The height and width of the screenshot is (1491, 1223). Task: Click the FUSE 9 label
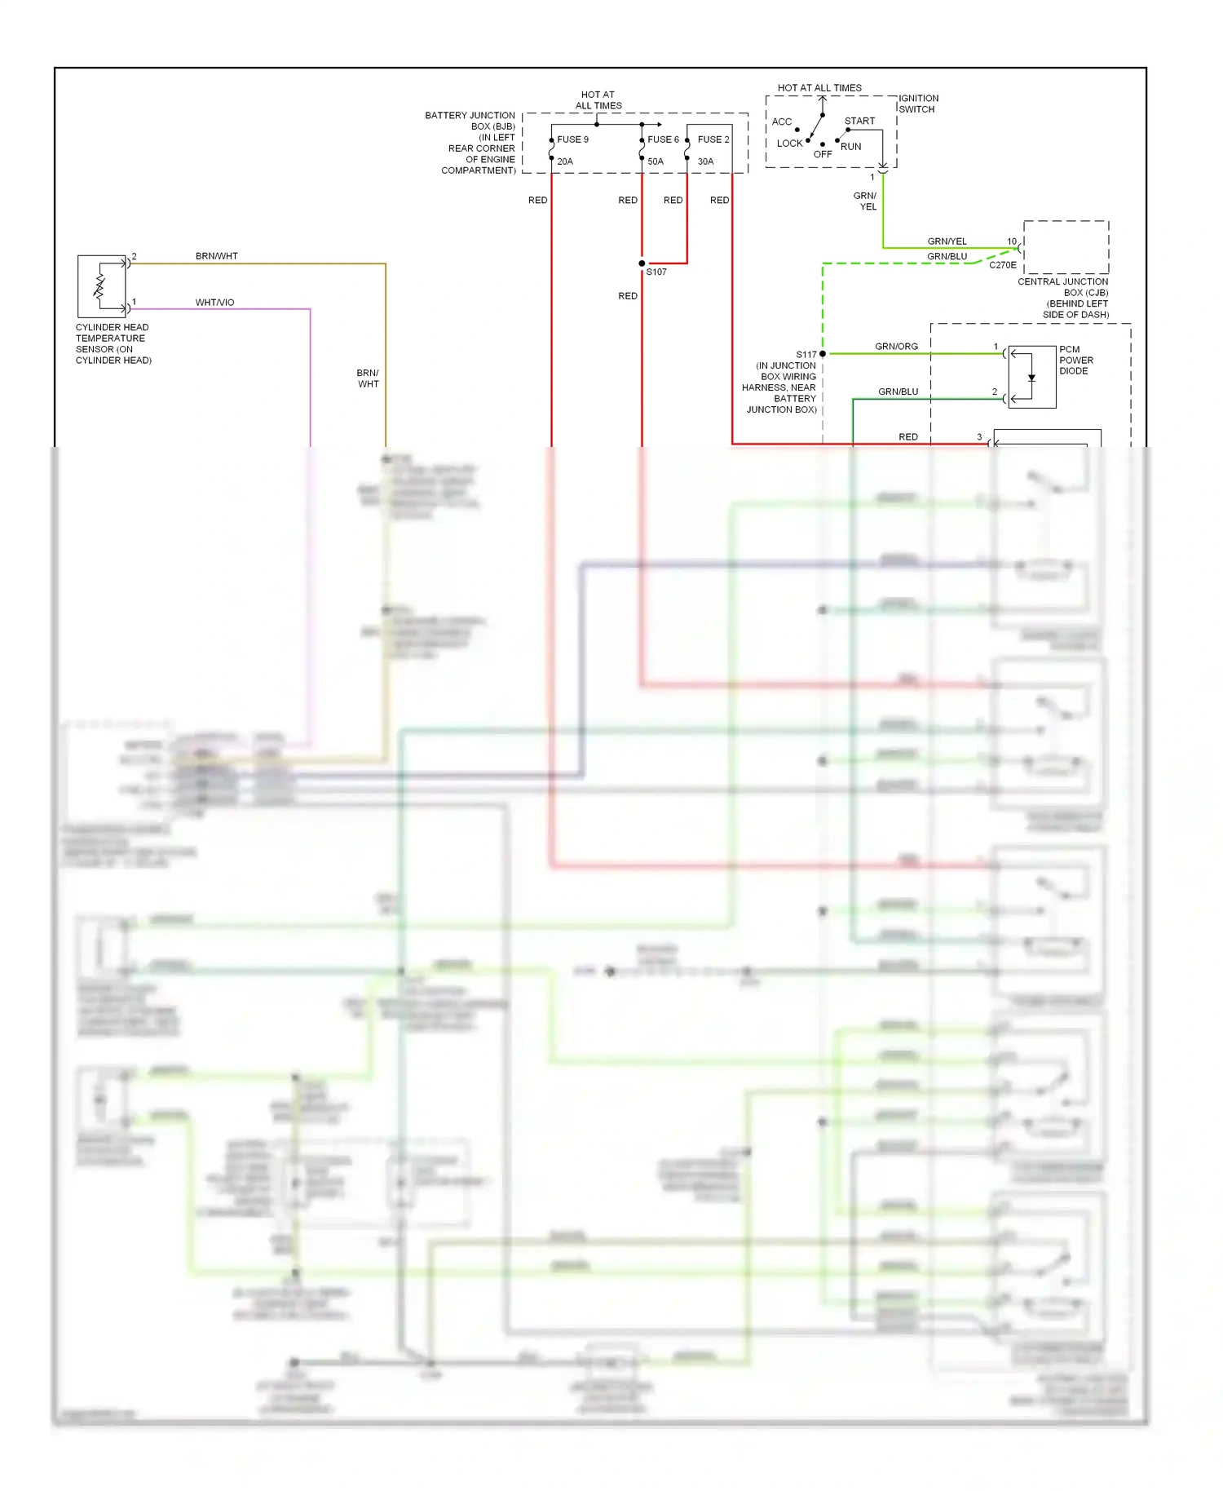tap(572, 139)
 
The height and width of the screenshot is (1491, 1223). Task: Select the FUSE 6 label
tap(663, 139)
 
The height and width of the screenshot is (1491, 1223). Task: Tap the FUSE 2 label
tap(713, 139)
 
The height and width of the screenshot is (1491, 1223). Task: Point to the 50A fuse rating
tap(656, 161)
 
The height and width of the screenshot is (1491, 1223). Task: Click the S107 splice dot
tap(642, 263)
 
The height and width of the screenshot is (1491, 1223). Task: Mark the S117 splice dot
tap(823, 354)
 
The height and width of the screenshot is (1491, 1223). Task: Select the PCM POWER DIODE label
tap(1075, 360)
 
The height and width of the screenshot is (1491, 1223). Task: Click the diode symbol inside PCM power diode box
tap(1031, 378)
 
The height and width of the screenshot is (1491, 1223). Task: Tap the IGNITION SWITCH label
tap(918, 104)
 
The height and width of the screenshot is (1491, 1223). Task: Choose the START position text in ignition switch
tap(859, 121)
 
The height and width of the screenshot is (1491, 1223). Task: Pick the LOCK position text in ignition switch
tap(789, 144)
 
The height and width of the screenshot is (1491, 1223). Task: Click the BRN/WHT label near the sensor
tap(217, 256)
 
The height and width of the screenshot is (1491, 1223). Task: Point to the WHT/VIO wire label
tap(214, 303)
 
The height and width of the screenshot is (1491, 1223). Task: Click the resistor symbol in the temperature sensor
tap(100, 285)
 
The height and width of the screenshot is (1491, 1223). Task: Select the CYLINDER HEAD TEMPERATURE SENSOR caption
tap(113, 343)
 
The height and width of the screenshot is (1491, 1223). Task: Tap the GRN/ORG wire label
tap(896, 347)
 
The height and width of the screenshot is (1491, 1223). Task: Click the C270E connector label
tap(1002, 265)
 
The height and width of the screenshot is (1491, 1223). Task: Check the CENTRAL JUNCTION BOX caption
tap(1063, 298)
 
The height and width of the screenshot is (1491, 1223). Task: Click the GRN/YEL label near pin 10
tap(947, 241)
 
